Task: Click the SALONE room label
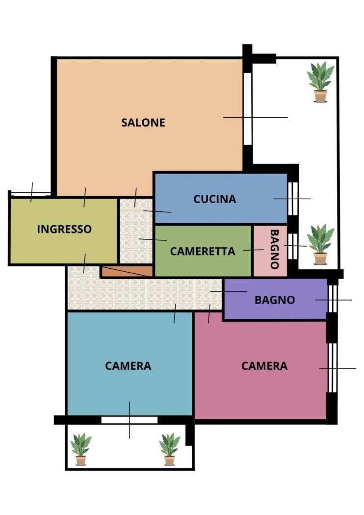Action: [143, 123]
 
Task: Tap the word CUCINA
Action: [215, 199]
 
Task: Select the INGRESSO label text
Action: [64, 229]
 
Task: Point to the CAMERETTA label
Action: [203, 251]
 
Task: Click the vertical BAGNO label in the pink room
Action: [274, 249]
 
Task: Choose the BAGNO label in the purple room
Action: [275, 300]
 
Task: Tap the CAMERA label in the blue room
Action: [128, 366]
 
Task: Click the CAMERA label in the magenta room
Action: [264, 366]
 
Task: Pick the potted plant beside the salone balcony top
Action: [321, 82]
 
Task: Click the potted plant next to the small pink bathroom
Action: [321, 244]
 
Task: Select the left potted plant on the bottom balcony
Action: [81, 449]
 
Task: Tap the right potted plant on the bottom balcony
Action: [170, 449]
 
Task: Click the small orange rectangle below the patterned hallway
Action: [127, 272]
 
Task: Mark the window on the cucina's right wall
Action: [293, 199]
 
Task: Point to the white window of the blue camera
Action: [130, 420]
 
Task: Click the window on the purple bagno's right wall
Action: [333, 299]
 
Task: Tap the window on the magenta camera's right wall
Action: [333, 367]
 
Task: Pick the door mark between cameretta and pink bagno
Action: [254, 250]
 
